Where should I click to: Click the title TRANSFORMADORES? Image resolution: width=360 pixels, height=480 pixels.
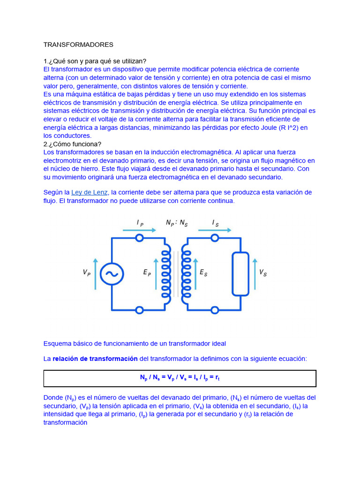click(x=78, y=45)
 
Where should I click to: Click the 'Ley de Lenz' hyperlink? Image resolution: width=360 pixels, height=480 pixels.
click(x=90, y=192)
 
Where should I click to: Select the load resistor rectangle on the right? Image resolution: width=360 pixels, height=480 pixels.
click(x=240, y=274)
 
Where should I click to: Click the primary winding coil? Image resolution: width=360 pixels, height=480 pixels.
click(x=165, y=274)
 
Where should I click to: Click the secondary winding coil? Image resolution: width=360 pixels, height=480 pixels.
click(x=187, y=274)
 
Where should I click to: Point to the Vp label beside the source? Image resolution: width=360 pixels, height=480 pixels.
click(x=87, y=272)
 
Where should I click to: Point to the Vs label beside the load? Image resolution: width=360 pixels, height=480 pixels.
click(x=263, y=273)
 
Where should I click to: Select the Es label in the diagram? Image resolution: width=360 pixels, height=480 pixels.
click(x=203, y=272)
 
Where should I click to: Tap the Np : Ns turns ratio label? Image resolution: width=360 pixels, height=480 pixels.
click(x=177, y=223)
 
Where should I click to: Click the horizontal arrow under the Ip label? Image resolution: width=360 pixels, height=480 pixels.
click(x=140, y=230)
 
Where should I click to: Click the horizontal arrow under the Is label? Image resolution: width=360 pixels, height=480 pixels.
click(x=215, y=230)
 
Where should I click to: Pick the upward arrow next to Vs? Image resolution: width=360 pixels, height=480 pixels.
click(x=254, y=273)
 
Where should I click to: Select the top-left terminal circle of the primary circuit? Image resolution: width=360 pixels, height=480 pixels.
click(x=139, y=238)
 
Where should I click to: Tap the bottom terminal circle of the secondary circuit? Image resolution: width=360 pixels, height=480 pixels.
click(x=215, y=310)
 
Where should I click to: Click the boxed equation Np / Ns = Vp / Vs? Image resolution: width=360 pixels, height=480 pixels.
click(x=180, y=378)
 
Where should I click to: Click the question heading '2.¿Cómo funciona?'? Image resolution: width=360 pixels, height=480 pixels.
click(x=72, y=144)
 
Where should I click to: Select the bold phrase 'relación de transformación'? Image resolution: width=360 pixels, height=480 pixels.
click(x=95, y=359)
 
